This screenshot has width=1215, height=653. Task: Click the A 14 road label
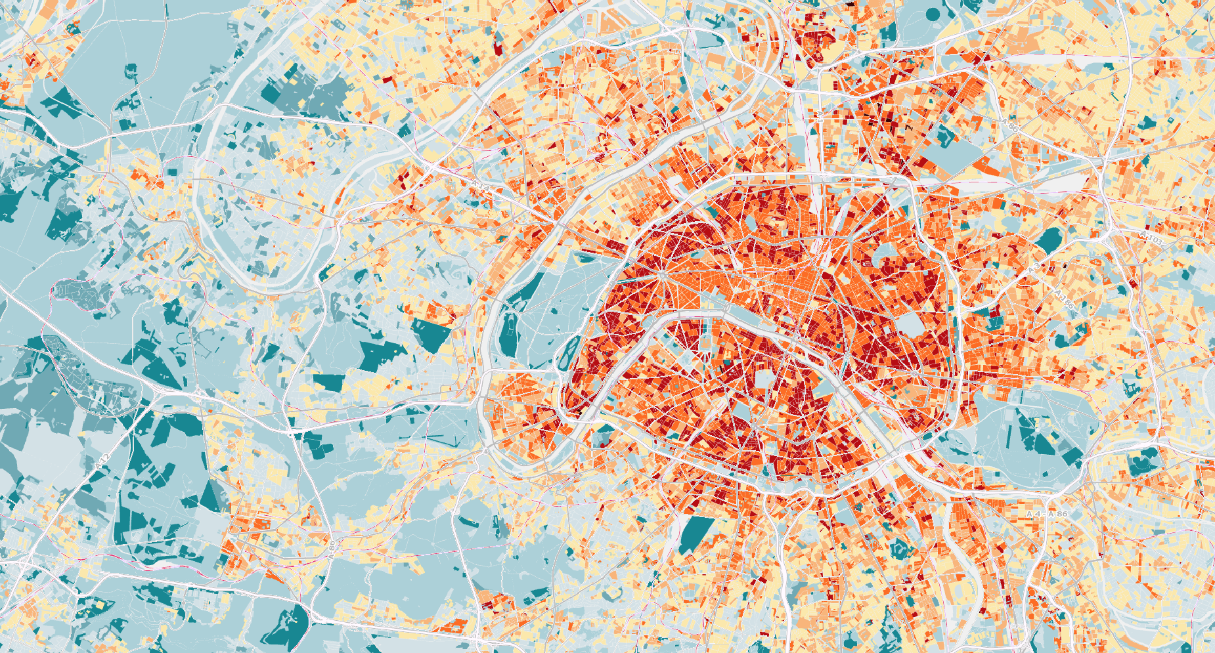tap(481, 187)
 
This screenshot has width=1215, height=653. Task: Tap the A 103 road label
tap(1151, 238)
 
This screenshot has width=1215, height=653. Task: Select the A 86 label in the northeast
tap(1011, 126)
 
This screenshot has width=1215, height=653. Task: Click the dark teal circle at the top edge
tap(933, 12)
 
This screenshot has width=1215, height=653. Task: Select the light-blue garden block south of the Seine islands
tap(763, 379)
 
